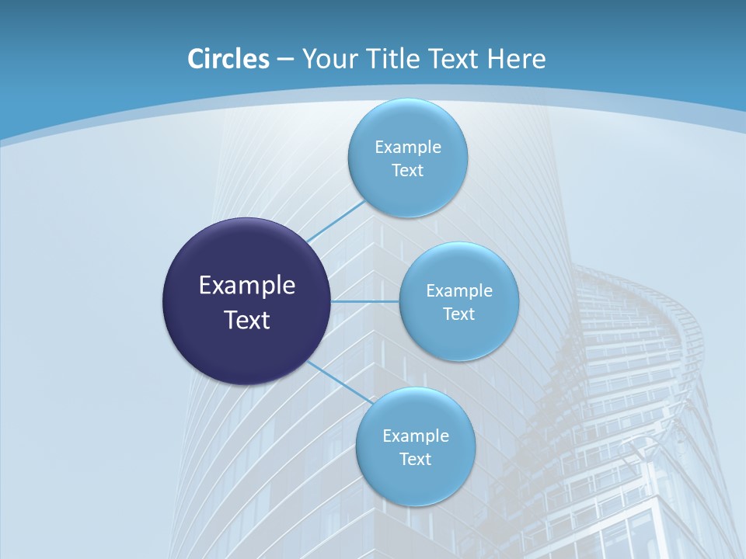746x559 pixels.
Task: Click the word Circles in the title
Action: (228, 59)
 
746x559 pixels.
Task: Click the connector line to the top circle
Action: (336, 220)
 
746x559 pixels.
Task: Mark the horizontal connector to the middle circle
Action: (364, 301)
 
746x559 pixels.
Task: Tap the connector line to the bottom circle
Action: (339, 382)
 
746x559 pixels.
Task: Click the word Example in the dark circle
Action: (247, 286)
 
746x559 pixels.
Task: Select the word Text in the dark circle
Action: (247, 320)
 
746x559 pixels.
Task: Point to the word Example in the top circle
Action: (408, 148)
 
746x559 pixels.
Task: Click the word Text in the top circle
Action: (407, 171)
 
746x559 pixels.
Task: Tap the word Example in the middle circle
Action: (459, 291)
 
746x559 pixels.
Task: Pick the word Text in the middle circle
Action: (458, 314)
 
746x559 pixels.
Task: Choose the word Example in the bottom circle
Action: (416, 436)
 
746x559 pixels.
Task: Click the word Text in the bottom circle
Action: (415, 460)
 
